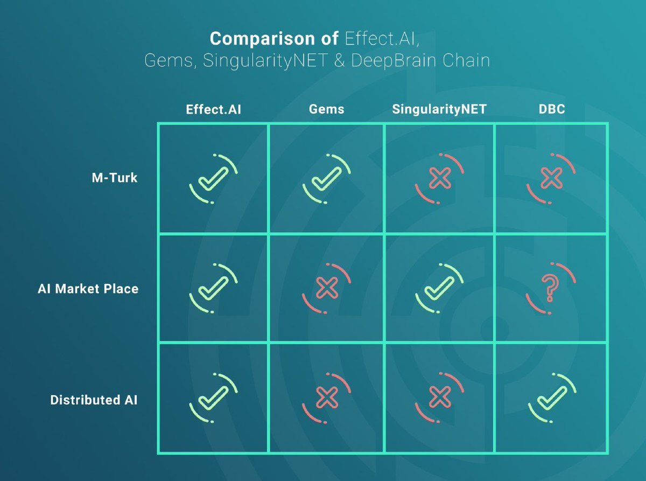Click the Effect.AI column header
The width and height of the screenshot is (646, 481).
click(214, 109)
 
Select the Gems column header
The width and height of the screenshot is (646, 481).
click(326, 109)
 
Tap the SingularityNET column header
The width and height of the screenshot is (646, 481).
click(439, 109)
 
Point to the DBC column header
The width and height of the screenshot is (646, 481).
click(552, 109)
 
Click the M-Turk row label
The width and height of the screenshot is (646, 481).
click(115, 178)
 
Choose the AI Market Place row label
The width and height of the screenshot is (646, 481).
click(88, 289)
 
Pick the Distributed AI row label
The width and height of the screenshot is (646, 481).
click(94, 400)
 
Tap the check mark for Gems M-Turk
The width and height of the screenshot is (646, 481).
click(326, 179)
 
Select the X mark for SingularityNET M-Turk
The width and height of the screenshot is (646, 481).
click(440, 178)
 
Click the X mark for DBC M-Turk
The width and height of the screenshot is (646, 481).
click(551, 178)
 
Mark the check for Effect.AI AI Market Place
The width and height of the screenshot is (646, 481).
click(214, 288)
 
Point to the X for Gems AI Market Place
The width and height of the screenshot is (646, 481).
click(327, 288)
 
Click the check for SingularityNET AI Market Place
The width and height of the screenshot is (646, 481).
click(439, 288)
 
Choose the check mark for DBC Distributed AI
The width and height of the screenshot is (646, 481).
click(552, 398)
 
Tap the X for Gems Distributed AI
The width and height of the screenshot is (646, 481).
click(327, 397)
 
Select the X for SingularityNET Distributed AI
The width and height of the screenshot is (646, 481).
click(440, 397)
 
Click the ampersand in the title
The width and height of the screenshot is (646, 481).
click(339, 60)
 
